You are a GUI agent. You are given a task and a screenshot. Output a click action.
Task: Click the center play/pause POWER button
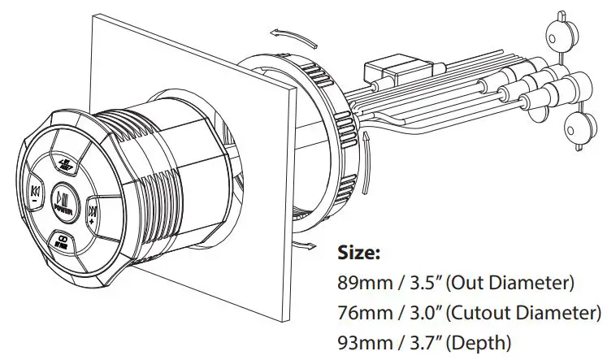point(62,199)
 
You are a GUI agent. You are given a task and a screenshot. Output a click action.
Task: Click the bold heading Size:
point(358,254)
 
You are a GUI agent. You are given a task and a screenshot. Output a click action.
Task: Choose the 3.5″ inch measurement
point(423,283)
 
